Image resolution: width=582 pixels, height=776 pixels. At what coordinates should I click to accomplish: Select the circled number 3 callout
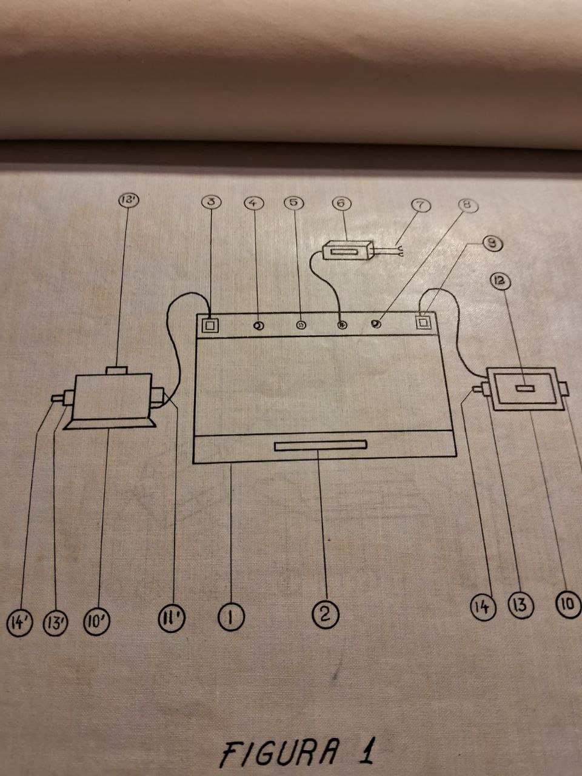click(212, 202)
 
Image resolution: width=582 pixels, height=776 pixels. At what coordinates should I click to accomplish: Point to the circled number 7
click(421, 206)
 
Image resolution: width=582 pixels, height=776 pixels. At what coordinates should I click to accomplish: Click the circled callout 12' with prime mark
click(129, 199)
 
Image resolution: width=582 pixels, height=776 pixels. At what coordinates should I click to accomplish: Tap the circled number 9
click(493, 243)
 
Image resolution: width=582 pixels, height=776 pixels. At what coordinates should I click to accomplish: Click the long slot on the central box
click(321, 446)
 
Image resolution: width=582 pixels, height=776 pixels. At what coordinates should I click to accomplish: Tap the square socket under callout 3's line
click(210, 325)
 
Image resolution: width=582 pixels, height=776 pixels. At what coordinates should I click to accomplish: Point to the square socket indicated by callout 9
click(423, 321)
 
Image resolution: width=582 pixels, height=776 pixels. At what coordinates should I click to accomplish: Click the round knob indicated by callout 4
click(259, 326)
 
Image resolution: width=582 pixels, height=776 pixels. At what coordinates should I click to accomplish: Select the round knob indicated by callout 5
click(301, 325)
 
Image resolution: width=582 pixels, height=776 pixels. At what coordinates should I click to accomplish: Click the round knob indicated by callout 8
click(376, 323)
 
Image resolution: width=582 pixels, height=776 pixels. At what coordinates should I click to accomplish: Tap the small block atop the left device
click(116, 370)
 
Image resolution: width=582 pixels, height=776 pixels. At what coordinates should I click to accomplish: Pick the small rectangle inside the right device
click(525, 389)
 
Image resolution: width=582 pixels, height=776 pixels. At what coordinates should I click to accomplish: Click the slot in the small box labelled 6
click(349, 252)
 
